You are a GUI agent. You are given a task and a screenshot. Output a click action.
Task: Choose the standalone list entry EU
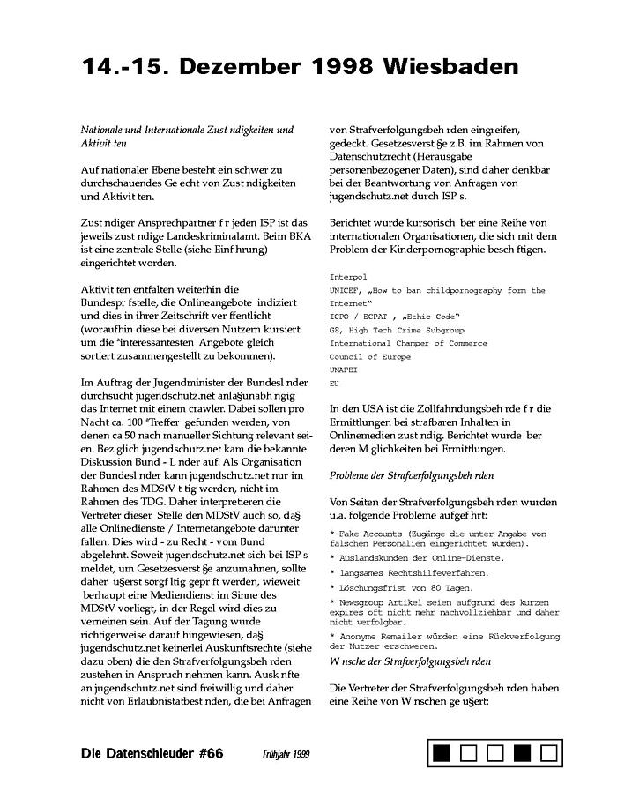click(334, 384)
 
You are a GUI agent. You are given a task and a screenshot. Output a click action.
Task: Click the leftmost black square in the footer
click(442, 753)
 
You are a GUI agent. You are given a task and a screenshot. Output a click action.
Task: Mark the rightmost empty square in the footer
click(549, 753)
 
